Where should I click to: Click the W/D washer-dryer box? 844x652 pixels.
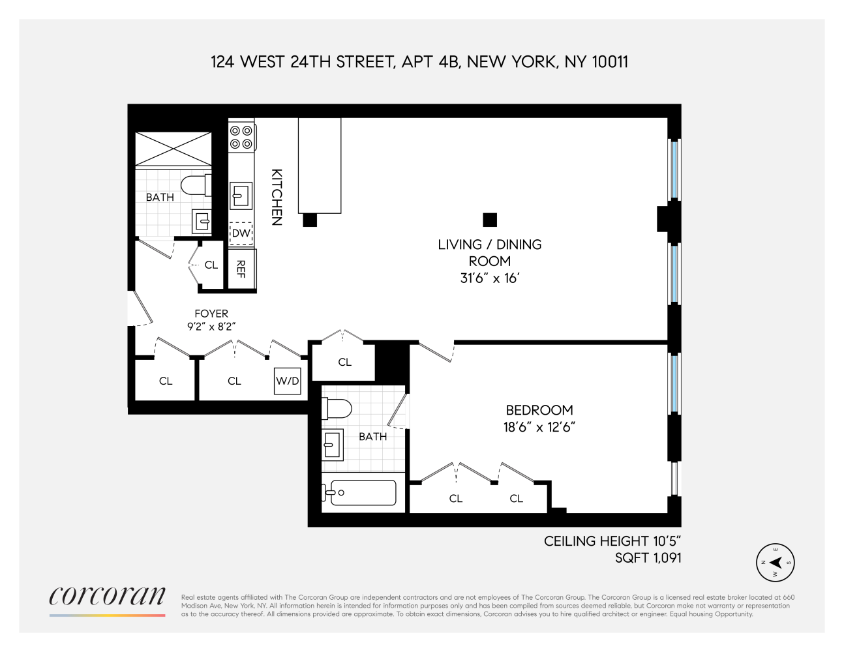coord(287,381)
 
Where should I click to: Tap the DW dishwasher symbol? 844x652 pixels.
coord(241,233)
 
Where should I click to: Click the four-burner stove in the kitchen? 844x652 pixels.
coord(240,136)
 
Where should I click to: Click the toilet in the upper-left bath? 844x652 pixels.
coord(195,185)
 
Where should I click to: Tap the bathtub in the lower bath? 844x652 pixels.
coord(359,492)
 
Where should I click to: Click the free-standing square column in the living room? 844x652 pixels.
coord(490,220)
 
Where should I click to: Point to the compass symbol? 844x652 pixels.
coord(776,563)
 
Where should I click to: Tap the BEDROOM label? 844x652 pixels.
coord(539,410)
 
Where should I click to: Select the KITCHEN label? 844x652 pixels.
coord(277,198)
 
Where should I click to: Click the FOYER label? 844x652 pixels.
coord(211,314)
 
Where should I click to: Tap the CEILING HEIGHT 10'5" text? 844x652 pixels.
coord(612,541)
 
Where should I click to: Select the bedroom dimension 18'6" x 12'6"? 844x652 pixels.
coord(536,428)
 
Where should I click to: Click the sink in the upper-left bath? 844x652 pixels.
coord(201,222)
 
